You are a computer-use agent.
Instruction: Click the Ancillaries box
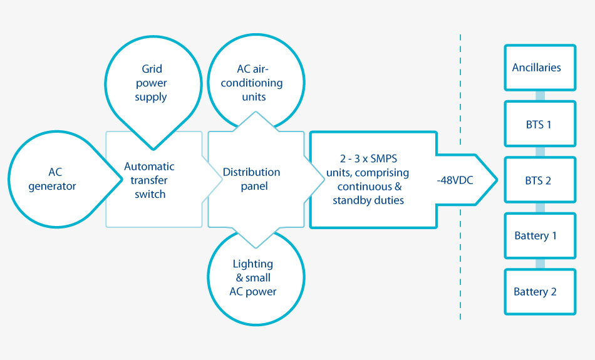(x=540, y=68)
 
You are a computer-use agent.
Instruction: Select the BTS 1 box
(x=540, y=124)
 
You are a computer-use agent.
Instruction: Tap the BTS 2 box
(x=540, y=180)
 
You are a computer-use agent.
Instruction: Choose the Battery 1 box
(x=540, y=235)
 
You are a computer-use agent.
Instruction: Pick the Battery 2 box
(x=540, y=292)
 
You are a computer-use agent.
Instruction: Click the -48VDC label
(x=455, y=180)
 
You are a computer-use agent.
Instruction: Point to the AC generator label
(x=53, y=179)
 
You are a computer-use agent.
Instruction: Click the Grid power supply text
(x=152, y=83)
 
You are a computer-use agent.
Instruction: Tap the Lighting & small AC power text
(x=253, y=278)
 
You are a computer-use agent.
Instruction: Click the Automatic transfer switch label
(x=150, y=180)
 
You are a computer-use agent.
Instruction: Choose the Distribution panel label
(x=252, y=179)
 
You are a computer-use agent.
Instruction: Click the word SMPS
(x=384, y=158)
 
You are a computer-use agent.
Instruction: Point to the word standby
(x=351, y=200)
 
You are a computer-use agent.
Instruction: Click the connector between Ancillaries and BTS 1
(x=540, y=96)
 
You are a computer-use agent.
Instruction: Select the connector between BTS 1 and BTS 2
(x=540, y=152)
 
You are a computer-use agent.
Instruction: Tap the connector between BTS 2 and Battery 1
(x=540, y=208)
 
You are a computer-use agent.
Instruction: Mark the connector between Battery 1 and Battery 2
(x=540, y=264)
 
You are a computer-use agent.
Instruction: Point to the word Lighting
(x=253, y=264)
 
